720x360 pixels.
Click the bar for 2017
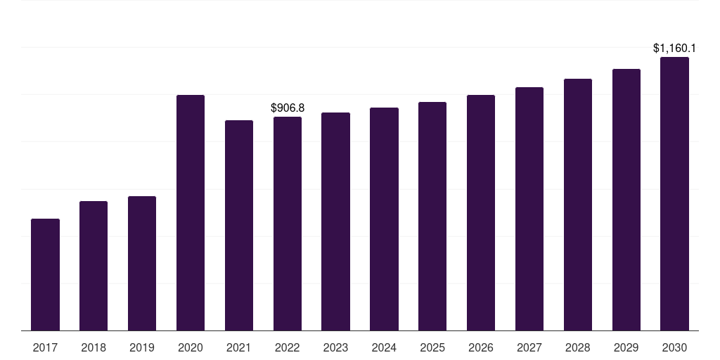coord(46,275)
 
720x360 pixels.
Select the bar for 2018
coord(94,266)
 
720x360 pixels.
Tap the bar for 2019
coord(142,264)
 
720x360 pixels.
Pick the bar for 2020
coord(191,212)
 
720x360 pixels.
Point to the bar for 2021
coord(239,226)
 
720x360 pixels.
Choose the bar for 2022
coord(288,224)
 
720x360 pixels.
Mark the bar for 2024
coord(385,219)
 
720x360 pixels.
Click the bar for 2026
coord(481,212)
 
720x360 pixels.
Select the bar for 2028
coord(578,205)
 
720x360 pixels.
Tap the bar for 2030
coord(674,194)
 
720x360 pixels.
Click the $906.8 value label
coord(288,108)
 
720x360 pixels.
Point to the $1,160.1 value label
coord(674,49)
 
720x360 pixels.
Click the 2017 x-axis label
coord(46,348)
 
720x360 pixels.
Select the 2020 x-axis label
coord(191,348)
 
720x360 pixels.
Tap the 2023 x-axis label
coord(335,348)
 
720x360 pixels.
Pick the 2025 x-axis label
coord(432,348)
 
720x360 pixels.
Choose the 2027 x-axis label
coord(529,348)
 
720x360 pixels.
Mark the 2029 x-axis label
coord(626,348)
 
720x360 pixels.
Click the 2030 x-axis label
coord(674,348)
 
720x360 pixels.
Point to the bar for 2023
coord(335,221)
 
